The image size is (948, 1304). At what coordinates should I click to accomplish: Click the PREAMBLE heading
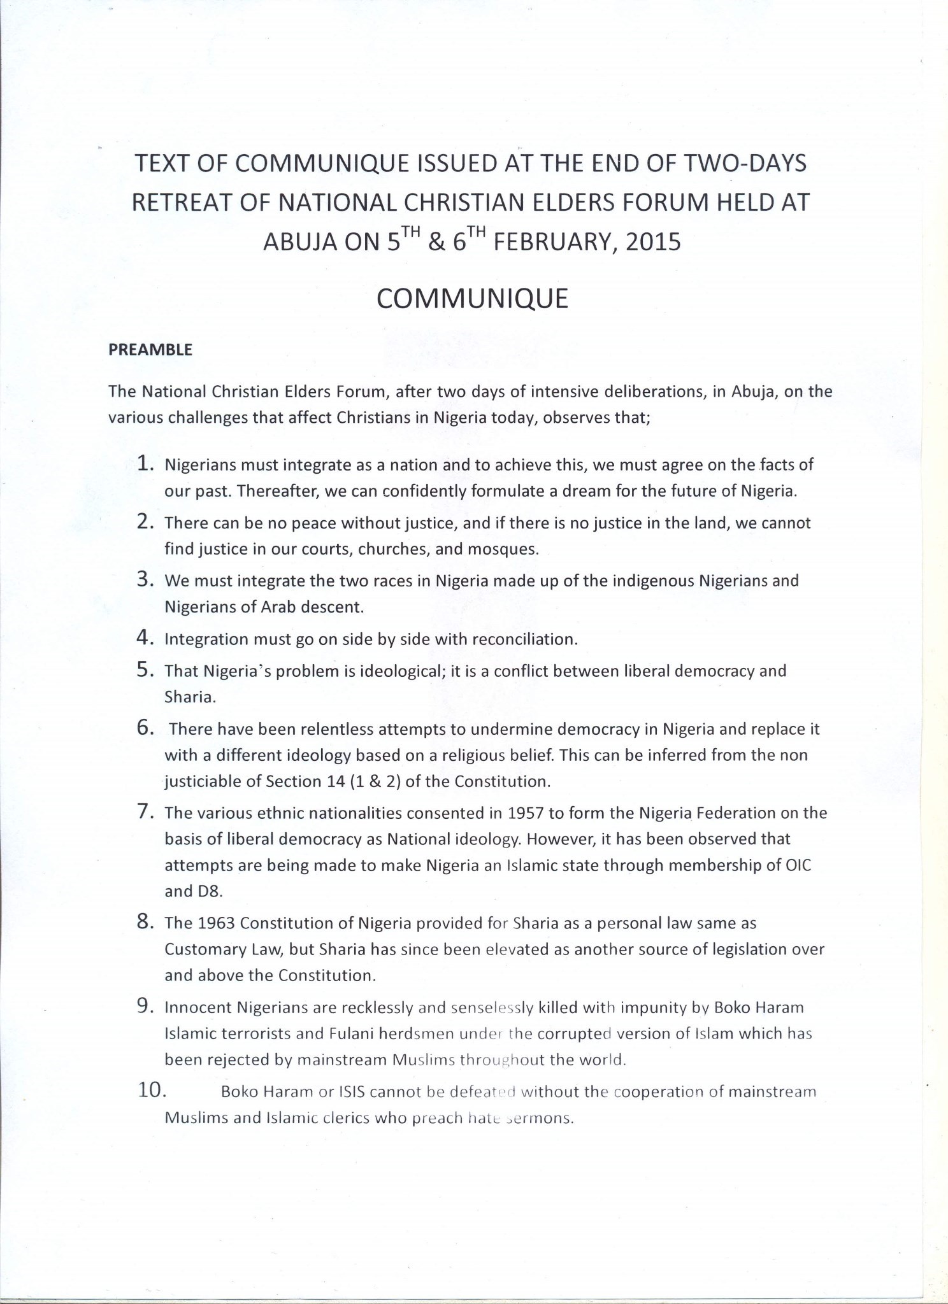click(150, 350)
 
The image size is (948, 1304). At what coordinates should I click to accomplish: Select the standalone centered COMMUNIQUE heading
click(472, 299)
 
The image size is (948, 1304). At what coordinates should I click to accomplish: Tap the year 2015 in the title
click(653, 243)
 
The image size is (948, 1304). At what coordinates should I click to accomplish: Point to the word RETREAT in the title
click(178, 202)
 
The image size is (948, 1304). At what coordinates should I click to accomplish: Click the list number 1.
click(146, 464)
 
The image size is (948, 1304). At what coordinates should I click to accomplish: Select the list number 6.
click(146, 728)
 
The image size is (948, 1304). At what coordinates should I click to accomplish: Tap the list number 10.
click(152, 1090)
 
